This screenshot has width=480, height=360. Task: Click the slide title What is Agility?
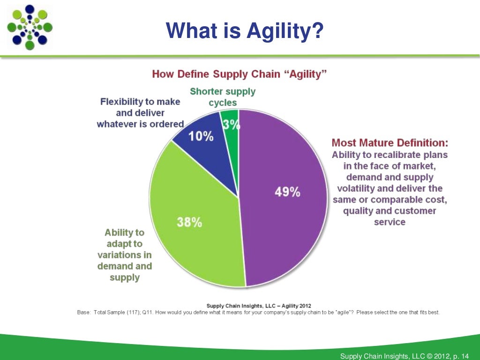coord(245,31)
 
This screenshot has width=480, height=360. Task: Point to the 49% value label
coord(287,192)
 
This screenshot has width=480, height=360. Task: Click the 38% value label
coord(189,222)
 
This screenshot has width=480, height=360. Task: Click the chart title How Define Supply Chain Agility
coord(240,75)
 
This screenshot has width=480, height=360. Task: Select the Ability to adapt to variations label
coord(125,255)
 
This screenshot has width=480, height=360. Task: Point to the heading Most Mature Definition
coord(390,142)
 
